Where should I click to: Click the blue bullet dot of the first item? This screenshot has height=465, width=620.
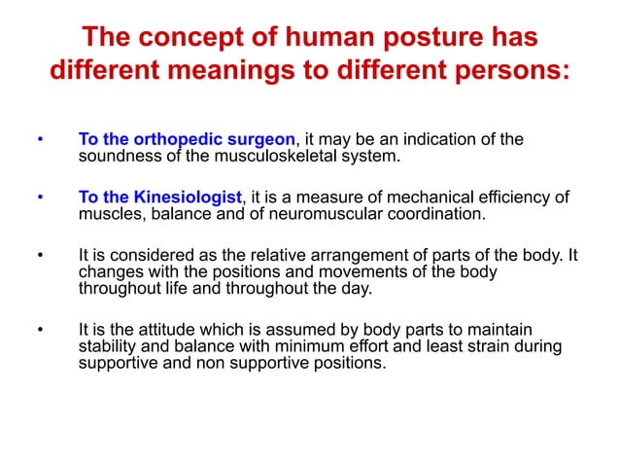[40, 140]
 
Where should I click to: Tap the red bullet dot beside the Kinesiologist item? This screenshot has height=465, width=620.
[40, 198]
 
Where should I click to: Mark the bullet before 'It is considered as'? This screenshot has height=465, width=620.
[40, 257]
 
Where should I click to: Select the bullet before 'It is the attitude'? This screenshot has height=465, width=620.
[40, 332]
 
